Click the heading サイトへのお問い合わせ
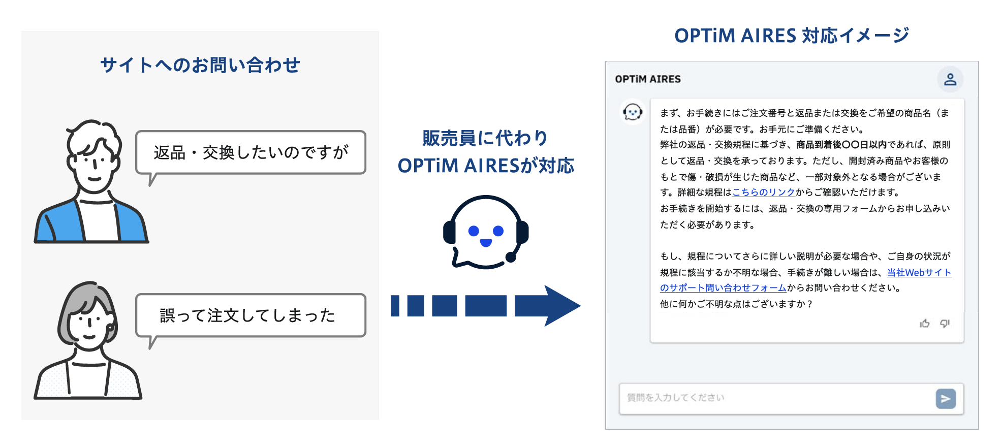200,65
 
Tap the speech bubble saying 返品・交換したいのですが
251,152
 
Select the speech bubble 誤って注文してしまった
251,315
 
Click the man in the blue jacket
91,181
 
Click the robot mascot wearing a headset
486,232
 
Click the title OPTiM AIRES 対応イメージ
792,36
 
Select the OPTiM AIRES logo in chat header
648,79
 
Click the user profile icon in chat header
950,79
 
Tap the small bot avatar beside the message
633,112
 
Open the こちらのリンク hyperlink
763,193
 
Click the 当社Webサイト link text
919,273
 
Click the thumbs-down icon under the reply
945,324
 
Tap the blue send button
946,399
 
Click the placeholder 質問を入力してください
676,398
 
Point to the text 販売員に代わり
485,138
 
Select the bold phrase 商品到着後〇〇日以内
841,145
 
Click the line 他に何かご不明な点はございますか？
736,304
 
